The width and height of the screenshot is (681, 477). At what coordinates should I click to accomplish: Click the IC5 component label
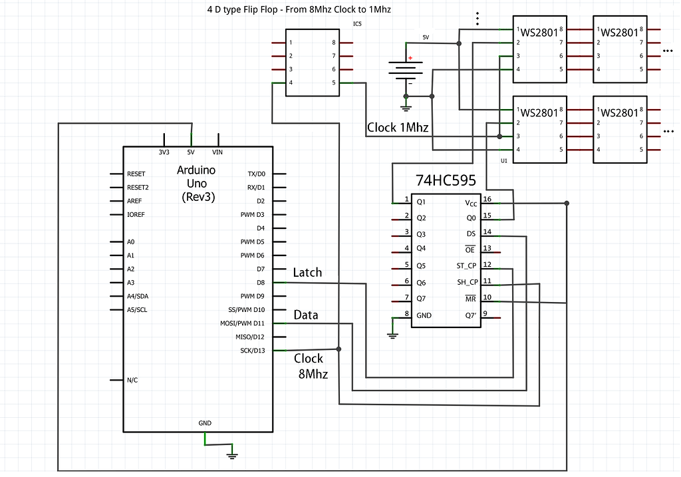click(357, 24)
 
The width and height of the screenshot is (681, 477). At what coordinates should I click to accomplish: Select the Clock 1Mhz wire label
click(398, 127)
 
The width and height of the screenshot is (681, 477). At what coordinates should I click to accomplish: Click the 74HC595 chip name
click(446, 180)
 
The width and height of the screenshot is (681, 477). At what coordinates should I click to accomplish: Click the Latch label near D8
click(307, 272)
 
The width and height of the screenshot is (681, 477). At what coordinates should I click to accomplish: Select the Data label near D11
click(305, 315)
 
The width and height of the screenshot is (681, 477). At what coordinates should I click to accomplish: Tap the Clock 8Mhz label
click(311, 366)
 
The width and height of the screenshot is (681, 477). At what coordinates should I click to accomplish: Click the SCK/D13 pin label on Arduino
click(252, 351)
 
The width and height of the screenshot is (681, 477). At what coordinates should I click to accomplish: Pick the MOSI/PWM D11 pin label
click(243, 323)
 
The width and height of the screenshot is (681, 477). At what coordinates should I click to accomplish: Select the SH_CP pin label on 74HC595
click(467, 282)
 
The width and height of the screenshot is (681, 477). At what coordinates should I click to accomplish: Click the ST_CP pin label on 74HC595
click(466, 265)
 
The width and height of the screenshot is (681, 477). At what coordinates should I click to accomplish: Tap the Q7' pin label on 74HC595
click(470, 315)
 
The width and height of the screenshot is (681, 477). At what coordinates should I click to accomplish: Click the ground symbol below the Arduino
click(232, 454)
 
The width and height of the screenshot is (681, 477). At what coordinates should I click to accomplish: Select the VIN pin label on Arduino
click(217, 152)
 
